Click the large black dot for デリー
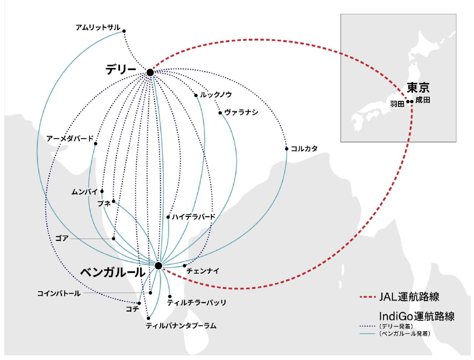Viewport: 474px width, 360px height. [150, 72]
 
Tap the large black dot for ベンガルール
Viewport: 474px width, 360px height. [158, 266]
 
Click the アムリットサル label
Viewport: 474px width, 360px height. [98, 28]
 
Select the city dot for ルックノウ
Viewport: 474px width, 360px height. [196, 96]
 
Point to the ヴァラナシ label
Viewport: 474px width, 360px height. [241, 113]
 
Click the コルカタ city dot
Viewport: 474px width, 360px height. [287, 149]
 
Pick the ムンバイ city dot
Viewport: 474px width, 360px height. [102, 191]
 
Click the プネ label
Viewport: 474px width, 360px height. [104, 204]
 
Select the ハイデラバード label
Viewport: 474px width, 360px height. [194, 216]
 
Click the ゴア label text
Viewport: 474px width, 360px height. [61, 239]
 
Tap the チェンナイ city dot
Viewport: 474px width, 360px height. [185, 265]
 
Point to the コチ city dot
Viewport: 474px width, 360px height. [139, 303]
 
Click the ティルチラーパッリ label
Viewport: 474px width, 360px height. [197, 303]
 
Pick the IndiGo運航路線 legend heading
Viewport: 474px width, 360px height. [416, 317]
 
